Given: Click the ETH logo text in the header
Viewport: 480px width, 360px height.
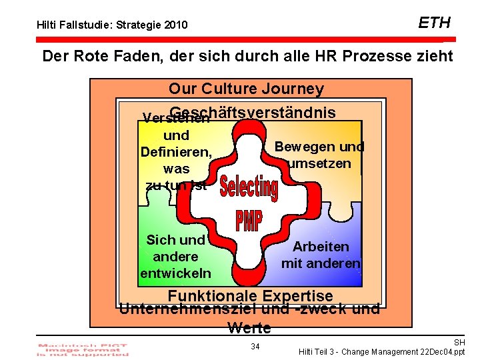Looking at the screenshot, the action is [434, 23].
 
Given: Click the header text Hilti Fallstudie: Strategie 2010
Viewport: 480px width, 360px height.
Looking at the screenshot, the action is [111, 26].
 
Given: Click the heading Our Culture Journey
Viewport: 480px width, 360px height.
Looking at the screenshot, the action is [246, 89].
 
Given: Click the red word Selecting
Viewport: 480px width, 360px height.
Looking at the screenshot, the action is [248, 188].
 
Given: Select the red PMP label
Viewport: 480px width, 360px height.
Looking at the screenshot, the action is [249, 220].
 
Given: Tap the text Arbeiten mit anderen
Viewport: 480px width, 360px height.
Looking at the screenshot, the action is [321, 255].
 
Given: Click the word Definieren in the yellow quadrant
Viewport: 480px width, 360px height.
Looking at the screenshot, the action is [176, 152].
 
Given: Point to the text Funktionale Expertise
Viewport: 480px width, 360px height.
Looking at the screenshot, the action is [250, 295].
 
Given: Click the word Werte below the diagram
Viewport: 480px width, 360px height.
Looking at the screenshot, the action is [249, 327].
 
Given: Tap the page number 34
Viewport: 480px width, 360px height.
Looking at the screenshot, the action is [255, 346].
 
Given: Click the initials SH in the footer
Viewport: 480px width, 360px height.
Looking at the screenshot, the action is [459, 341].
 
